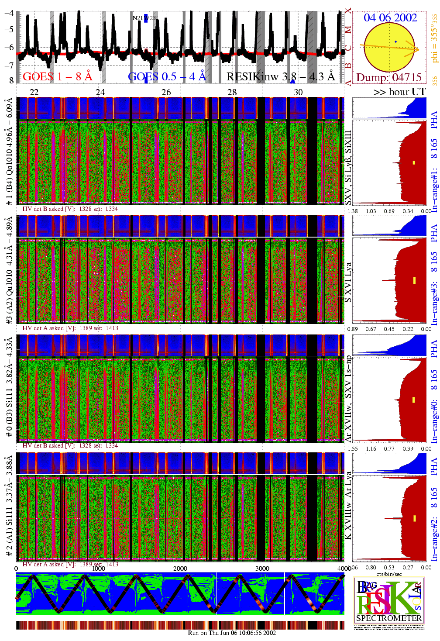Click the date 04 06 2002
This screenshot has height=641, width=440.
(x=390, y=17)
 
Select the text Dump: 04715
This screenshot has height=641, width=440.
(x=389, y=77)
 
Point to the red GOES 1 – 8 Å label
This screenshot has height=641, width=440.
(x=57, y=76)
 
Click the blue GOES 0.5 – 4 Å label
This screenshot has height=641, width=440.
(x=167, y=76)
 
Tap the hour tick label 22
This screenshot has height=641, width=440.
(x=34, y=92)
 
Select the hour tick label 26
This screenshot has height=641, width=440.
(x=166, y=92)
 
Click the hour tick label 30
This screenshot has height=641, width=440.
(x=298, y=92)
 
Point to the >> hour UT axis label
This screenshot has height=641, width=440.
(x=399, y=92)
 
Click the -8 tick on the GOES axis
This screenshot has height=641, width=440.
(x=9, y=80)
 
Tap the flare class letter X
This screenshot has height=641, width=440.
(x=348, y=10)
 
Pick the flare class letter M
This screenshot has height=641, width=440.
(x=348, y=30)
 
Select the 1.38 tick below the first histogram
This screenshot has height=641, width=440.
(x=353, y=211)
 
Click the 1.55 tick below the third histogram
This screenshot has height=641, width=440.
(x=353, y=449)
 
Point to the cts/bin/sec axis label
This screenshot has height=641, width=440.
(x=389, y=574)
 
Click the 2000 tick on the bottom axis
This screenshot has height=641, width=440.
(x=180, y=569)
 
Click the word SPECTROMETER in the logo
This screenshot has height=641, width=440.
(x=389, y=618)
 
